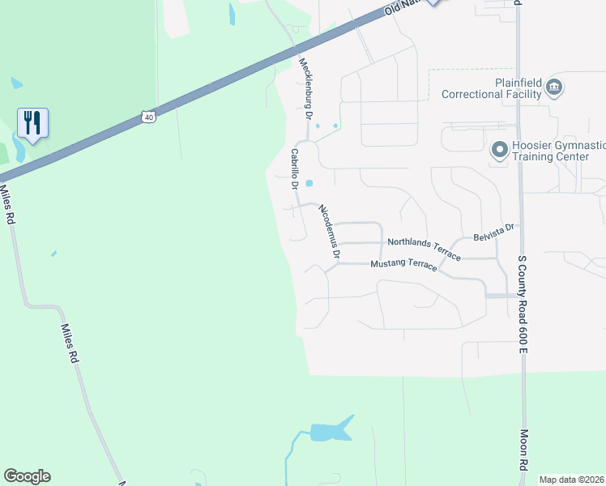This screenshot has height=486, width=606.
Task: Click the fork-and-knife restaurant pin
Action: (x=32, y=123)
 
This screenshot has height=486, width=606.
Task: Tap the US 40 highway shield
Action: (x=148, y=117)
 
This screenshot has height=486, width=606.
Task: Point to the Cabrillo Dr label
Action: (x=295, y=169)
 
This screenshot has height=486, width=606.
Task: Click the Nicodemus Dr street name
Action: (x=328, y=232)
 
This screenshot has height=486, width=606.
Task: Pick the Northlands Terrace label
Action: (x=424, y=248)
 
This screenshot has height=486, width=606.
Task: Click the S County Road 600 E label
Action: (x=523, y=304)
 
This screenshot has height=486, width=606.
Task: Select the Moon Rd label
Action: (x=524, y=450)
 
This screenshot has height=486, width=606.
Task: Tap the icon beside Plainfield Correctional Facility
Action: (x=554, y=87)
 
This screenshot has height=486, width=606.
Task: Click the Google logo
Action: (x=27, y=476)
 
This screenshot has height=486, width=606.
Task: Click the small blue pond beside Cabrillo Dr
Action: (x=309, y=183)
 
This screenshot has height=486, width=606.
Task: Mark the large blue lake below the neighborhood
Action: (x=331, y=430)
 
